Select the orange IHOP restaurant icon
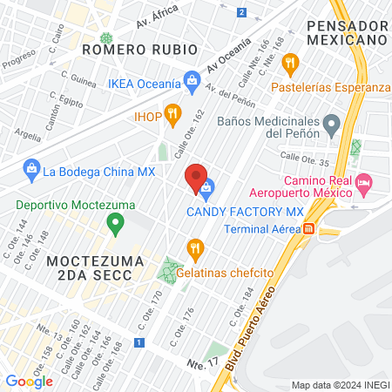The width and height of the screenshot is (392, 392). [173, 113]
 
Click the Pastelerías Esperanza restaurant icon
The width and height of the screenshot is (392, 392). [290, 62]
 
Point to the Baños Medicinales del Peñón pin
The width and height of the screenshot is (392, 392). [331, 126]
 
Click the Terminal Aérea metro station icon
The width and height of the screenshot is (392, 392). [308, 229]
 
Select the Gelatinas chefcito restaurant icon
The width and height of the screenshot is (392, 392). [195, 247]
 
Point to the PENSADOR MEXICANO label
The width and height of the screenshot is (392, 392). [346, 33]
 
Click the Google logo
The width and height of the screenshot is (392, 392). [29, 381]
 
